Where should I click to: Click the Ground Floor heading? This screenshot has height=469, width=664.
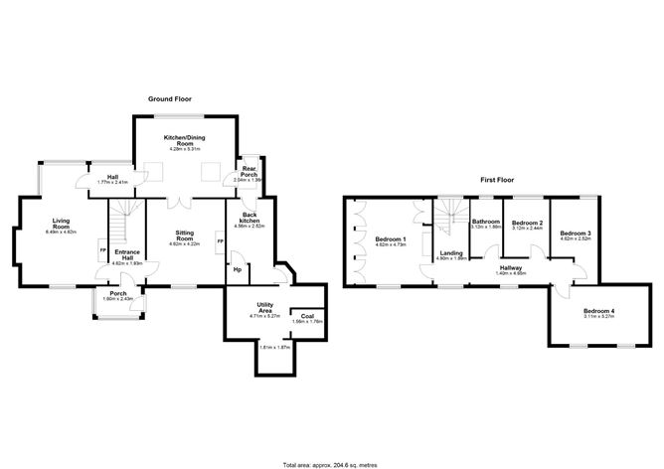169,99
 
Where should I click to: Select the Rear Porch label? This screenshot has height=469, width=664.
249,171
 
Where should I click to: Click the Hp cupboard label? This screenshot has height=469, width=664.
237,269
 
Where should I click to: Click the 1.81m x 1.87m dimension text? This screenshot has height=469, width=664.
274,347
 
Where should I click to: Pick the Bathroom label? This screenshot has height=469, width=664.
485,222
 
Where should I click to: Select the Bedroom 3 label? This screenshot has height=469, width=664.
576,234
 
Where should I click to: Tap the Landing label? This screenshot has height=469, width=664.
451,254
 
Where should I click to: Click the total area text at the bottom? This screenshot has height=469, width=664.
331,464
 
